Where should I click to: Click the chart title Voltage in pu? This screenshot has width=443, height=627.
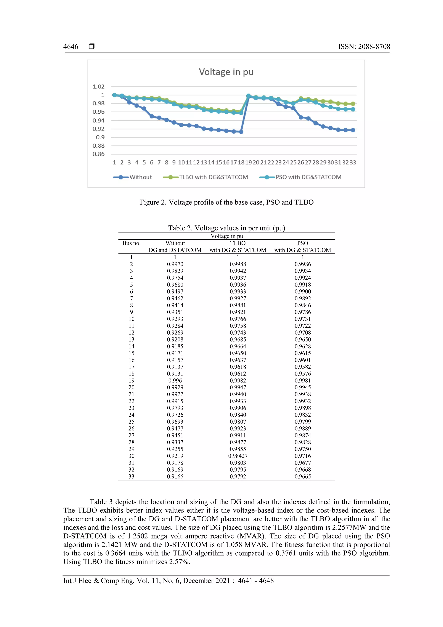pyautogui.click(x=226, y=72)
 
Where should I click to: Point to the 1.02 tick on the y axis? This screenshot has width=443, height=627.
pyautogui.click(x=99, y=87)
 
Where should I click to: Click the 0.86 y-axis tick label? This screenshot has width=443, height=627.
pyautogui.click(x=99, y=154)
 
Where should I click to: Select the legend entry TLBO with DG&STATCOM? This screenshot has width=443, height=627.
pyautogui.click(x=213, y=177)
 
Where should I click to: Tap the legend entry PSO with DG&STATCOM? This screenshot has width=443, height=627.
pyautogui.click(x=308, y=177)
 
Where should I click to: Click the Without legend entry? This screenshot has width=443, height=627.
pyautogui.click(x=140, y=177)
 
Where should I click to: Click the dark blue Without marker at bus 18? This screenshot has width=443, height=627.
pyautogui.click(x=241, y=132)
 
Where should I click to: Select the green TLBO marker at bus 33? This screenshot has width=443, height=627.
pyautogui.click(x=353, y=104)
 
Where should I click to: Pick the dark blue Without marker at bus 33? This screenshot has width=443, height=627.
pyautogui.click(x=353, y=130)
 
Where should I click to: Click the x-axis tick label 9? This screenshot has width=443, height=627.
pyautogui.click(x=174, y=163)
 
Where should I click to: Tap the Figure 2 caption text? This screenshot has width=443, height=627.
pyautogui.click(x=226, y=202)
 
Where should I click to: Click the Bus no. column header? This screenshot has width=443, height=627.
pyautogui.click(x=131, y=243)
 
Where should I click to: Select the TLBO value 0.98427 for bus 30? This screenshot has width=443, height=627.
pyautogui.click(x=238, y=456)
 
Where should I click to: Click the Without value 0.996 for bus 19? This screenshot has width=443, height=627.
pyautogui.click(x=175, y=380)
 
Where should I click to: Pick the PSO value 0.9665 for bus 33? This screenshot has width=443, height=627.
pyautogui.click(x=302, y=476)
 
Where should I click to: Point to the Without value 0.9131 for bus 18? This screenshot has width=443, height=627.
pyautogui.click(x=175, y=374)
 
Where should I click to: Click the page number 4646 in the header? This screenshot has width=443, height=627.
pyautogui.click(x=71, y=47)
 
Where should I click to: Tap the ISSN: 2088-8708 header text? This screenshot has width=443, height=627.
pyautogui.click(x=364, y=47)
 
